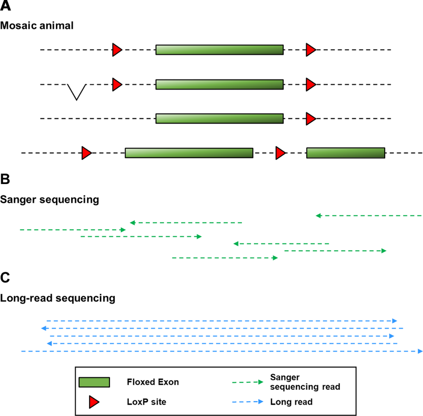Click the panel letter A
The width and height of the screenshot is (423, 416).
pos(6,6)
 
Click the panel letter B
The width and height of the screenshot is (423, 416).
pos(5,179)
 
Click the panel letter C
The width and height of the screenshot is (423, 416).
pos(5,278)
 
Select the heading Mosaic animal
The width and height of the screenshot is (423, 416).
pos(37,26)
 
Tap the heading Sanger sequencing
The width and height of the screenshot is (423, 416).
pos(50,200)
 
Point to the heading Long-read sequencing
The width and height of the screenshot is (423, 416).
pos(58,298)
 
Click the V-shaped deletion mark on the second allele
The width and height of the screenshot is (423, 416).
pos(77,92)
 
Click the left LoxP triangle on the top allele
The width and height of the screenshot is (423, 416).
pos(117,50)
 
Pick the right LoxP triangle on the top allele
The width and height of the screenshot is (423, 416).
pos(310,50)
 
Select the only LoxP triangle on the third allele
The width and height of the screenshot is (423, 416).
pos(310,119)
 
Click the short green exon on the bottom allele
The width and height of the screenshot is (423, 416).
pos(345,153)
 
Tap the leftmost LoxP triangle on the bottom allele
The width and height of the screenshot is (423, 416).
pos(86,153)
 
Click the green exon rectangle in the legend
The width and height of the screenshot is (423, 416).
pos(94,382)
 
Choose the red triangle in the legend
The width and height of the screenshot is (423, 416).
pos(94,402)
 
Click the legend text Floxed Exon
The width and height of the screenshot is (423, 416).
pos(153,382)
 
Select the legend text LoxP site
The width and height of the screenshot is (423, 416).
pos(146,402)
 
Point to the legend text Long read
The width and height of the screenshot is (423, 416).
pos(291,402)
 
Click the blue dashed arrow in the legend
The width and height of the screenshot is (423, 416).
pos(248,402)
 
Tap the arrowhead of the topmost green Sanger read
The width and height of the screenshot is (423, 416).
pos(318,216)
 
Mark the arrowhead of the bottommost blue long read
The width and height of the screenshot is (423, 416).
pos(420,351)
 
